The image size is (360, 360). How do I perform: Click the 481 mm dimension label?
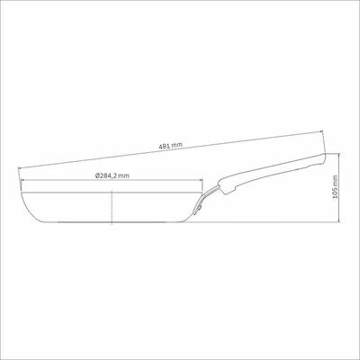(170, 146)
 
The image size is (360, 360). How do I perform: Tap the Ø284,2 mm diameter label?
(112, 175)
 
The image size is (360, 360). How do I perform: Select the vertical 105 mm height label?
(336, 187)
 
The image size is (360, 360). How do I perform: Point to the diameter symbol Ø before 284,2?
(97, 175)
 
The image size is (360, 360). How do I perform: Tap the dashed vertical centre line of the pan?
(112, 208)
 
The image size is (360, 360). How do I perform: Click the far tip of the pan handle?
(325, 155)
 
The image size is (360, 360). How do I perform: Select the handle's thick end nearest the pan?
(226, 187)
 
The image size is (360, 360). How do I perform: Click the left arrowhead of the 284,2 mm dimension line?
(22, 180)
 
